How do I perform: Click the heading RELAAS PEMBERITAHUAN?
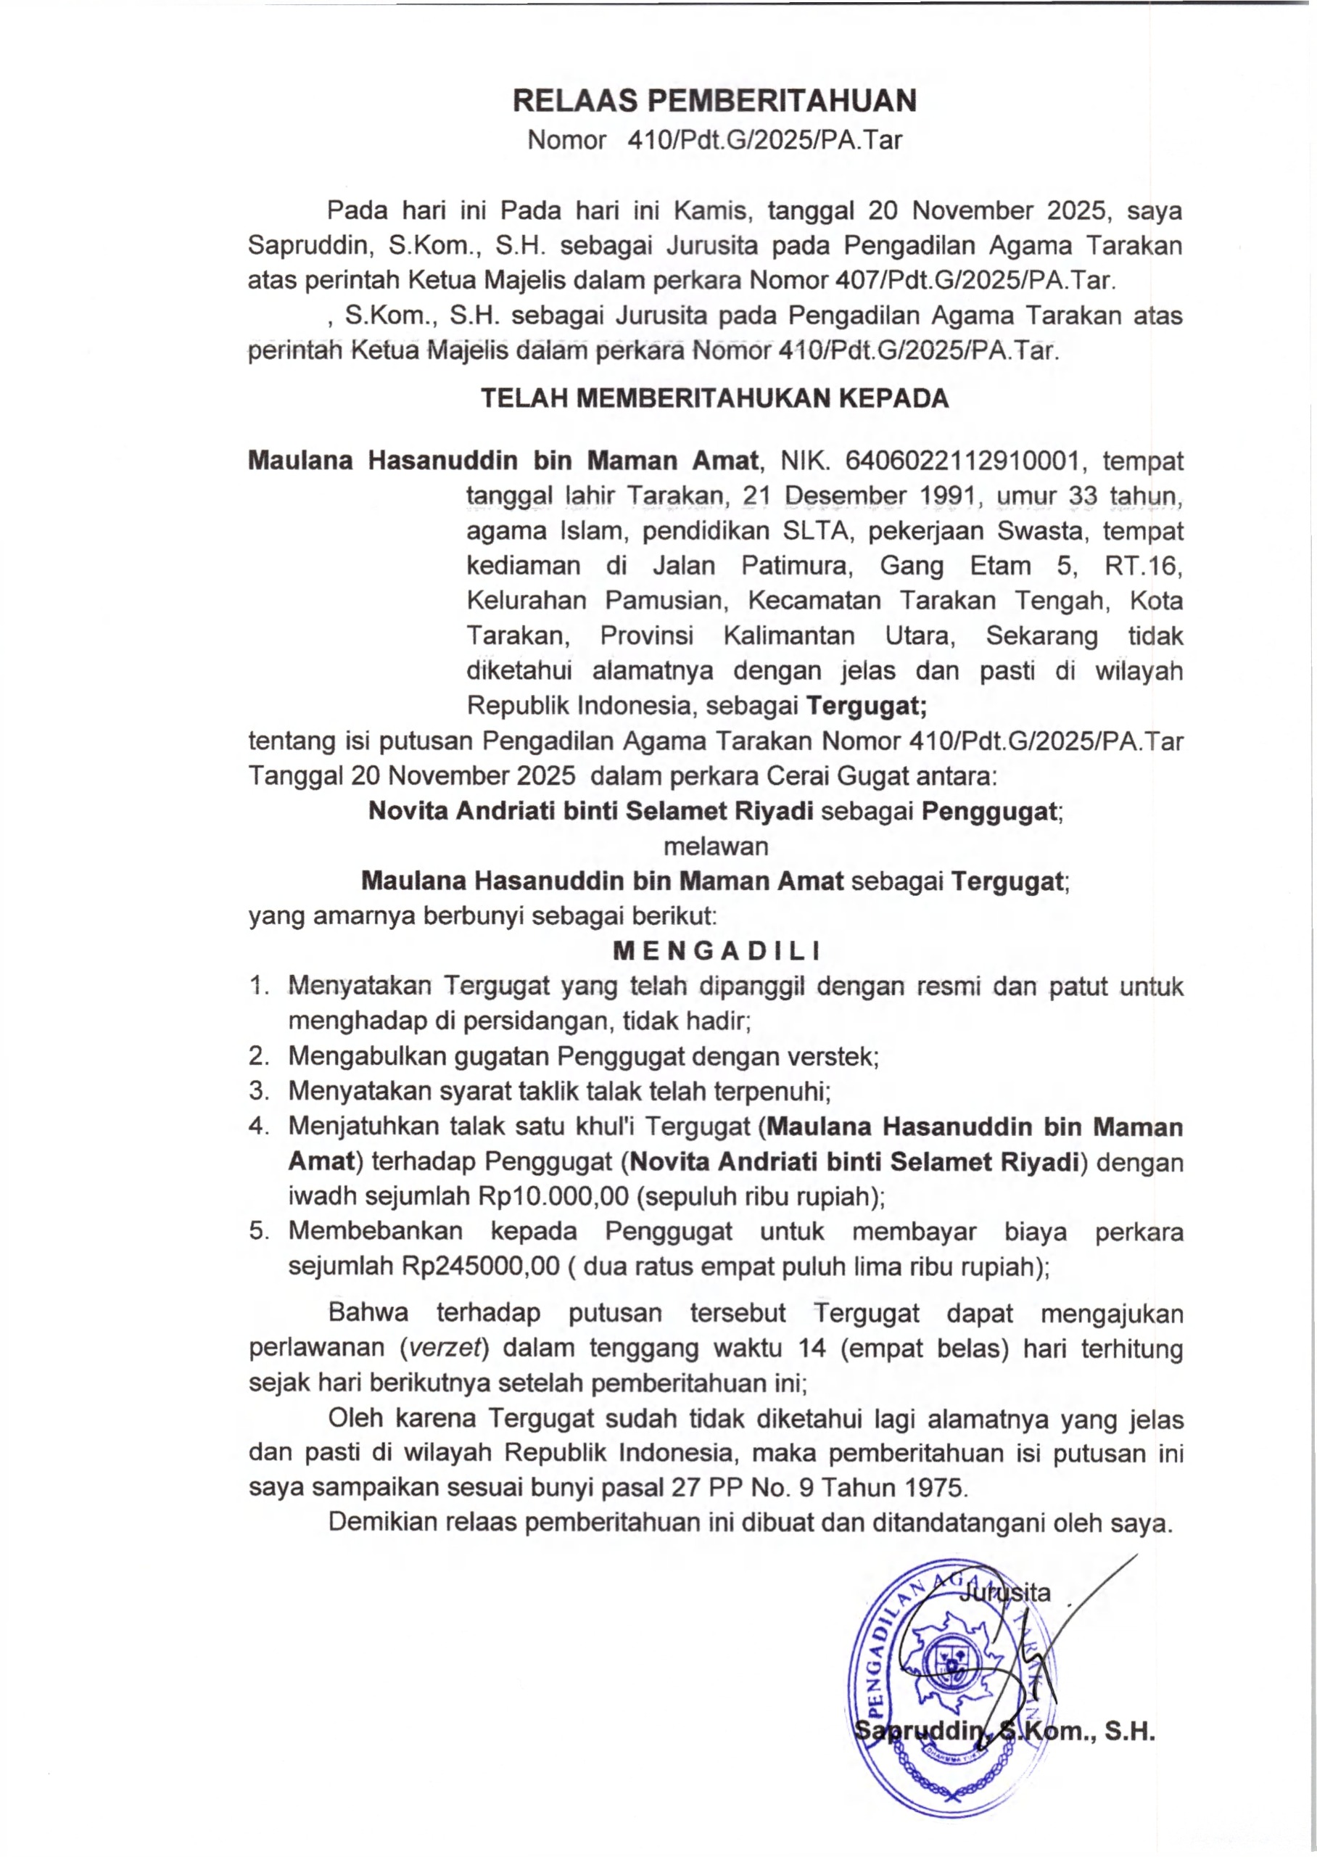(714, 101)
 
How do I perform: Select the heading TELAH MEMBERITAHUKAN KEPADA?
(714, 398)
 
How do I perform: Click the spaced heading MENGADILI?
(716, 950)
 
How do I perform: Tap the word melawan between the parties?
(715, 846)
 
